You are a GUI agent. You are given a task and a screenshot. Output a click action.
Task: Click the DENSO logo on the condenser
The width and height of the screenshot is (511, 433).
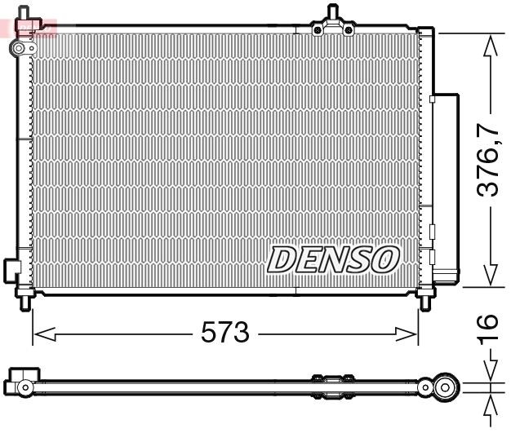tap(333, 258)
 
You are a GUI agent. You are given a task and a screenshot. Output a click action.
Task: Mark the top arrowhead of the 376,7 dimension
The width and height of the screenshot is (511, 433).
tap(490, 45)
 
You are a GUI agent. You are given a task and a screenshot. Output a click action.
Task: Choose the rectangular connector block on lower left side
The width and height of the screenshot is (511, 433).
tap(11, 269)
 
